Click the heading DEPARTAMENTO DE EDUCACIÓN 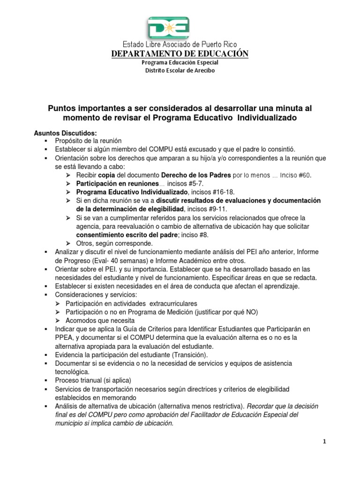(180, 54)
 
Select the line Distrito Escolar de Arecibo (180, 70)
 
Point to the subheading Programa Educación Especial (180, 62)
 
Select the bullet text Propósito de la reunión (89, 141)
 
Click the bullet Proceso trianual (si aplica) (93, 380)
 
